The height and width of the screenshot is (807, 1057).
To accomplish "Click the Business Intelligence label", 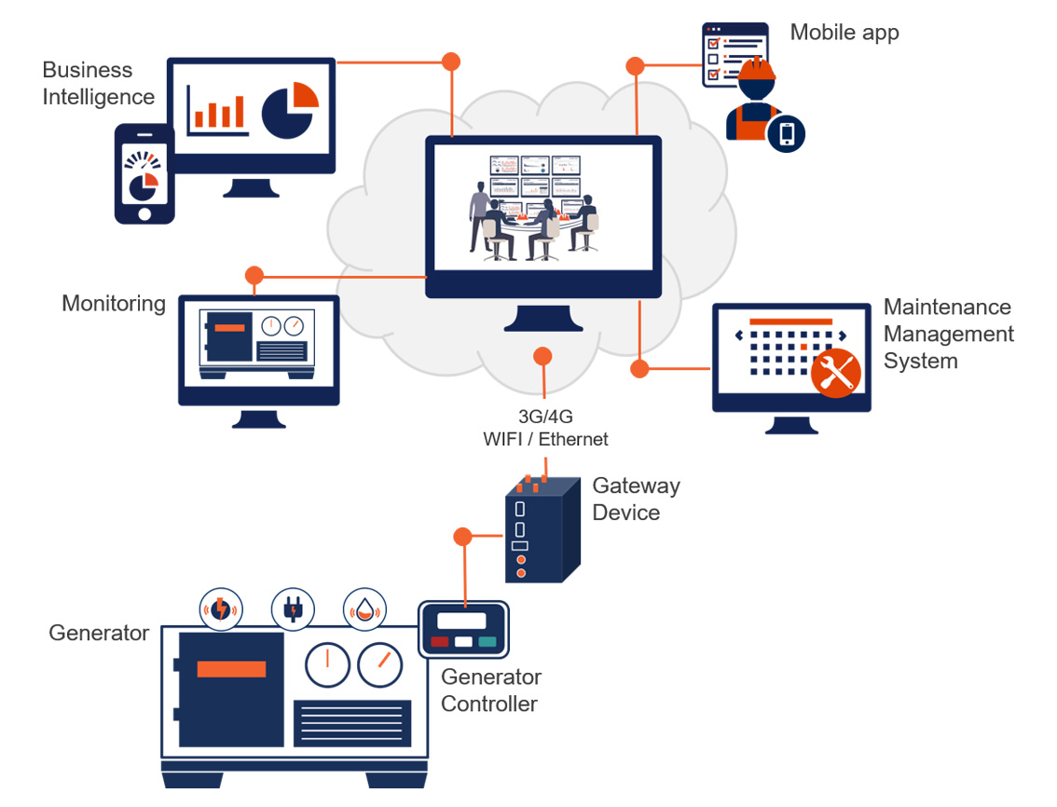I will pyautogui.click(x=98, y=83).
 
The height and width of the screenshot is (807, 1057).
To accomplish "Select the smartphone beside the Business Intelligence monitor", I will pyautogui.click(x=144, y=174).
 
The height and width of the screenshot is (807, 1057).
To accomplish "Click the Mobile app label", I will pyautogui.click(x=844, y=33).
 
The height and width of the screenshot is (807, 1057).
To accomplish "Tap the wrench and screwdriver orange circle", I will pyautogui.click(x=834, y=373).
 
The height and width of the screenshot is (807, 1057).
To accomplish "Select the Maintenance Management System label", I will pyautogui.click(x=948, y=334).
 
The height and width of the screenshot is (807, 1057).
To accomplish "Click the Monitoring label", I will pyautogui.click(x=113, y=304).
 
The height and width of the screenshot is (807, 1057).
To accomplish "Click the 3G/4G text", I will pyautogui.click(x=545, y=417).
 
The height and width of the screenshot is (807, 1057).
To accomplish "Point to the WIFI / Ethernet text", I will pyautogui.click(x=545, y=439).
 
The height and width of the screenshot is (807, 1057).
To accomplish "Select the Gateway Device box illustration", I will pyautogui.click(x=541, y=531).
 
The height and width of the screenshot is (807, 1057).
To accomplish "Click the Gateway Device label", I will pyautogui.click(x=636, y=499).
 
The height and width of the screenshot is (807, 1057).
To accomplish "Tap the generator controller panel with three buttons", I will pyautogui.click(x=463, y=628).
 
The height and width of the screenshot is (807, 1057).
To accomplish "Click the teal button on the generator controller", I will pyautogui.click(x=487, y=641).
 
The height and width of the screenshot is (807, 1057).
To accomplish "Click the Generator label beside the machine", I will pyautogui.click(x=99, y=633).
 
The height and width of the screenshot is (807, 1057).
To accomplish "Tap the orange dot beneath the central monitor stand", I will pyautogui.click(x=542, y=356).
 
